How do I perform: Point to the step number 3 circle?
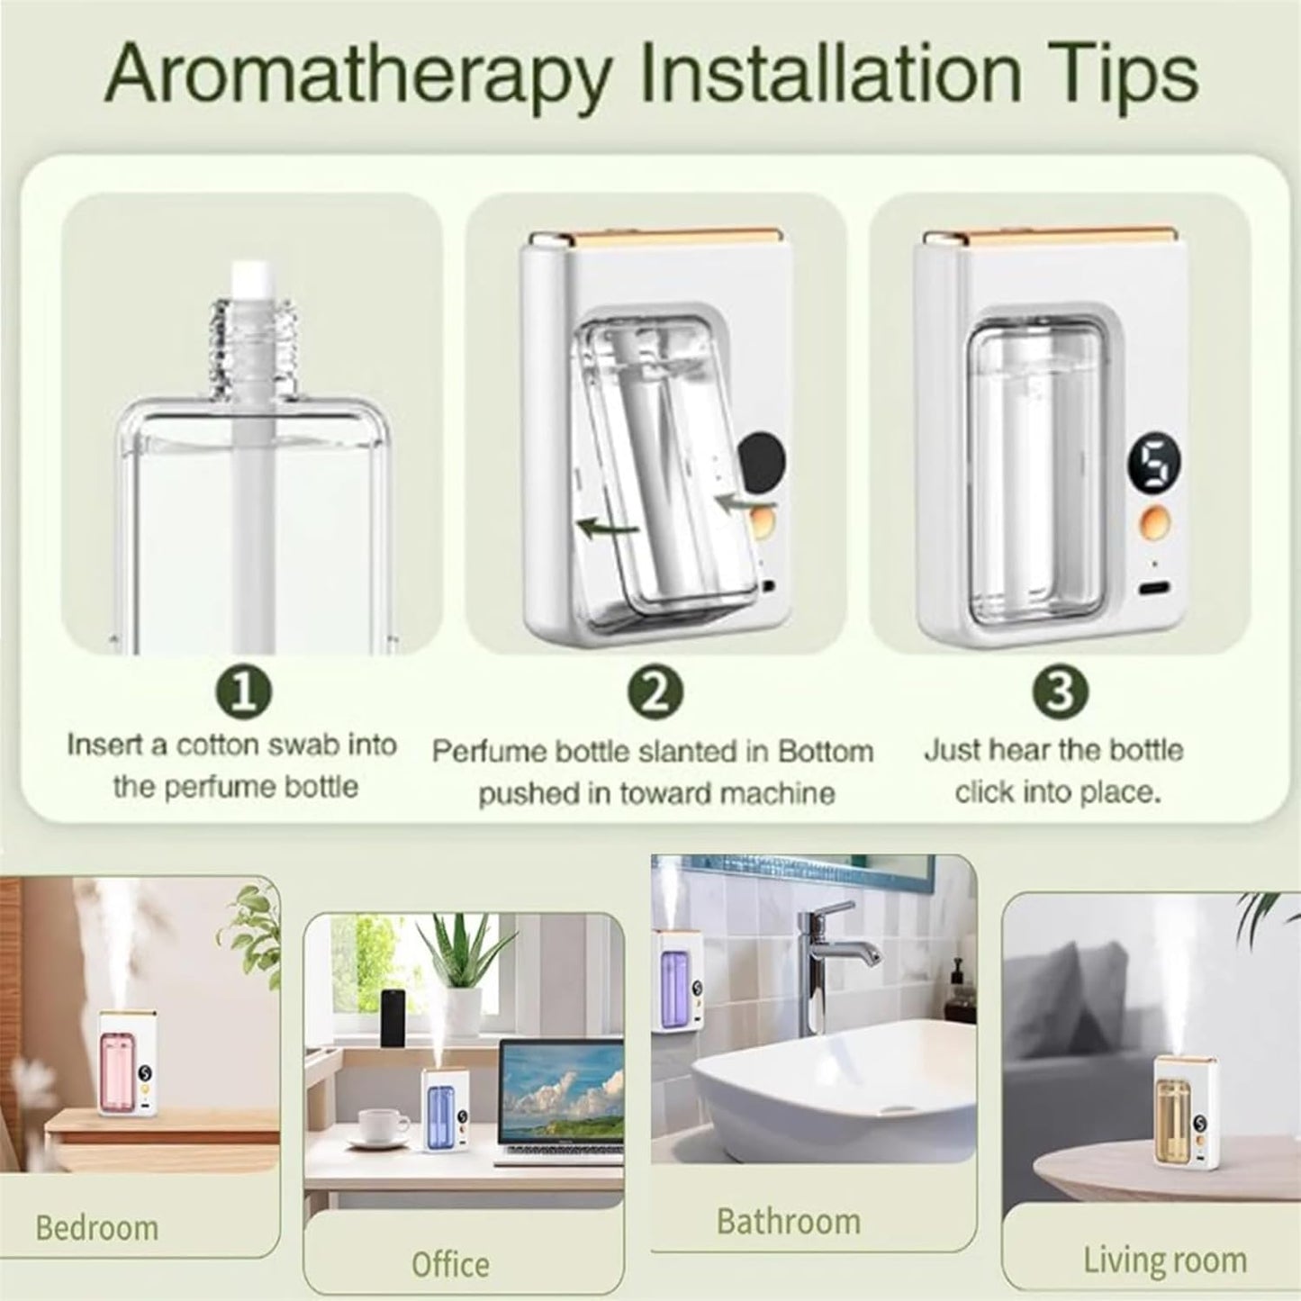pos(1062,691)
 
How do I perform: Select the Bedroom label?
pos(96,1227)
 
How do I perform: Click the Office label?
pos(450,1263)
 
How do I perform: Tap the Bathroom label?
pos(788,1222)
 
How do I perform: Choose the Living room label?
pos(1164,1260)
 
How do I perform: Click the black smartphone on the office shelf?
pos(392,1017)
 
